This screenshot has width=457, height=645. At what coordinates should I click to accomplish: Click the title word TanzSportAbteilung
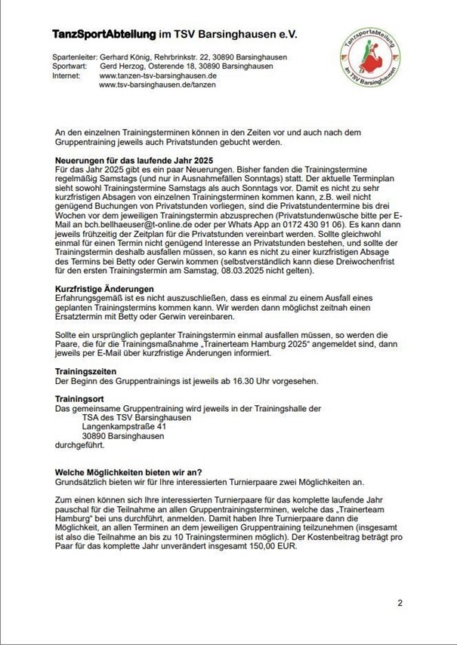click(103, 35)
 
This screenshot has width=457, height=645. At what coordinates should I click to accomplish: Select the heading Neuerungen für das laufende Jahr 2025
click(134, 161)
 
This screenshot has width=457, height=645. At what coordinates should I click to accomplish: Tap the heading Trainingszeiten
click(86, 371)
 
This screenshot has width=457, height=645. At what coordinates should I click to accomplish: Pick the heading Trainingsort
click(81, 398)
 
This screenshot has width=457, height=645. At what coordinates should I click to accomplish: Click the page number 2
click(400, 603)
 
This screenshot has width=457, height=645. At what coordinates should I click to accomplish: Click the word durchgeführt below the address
click(82, 444)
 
